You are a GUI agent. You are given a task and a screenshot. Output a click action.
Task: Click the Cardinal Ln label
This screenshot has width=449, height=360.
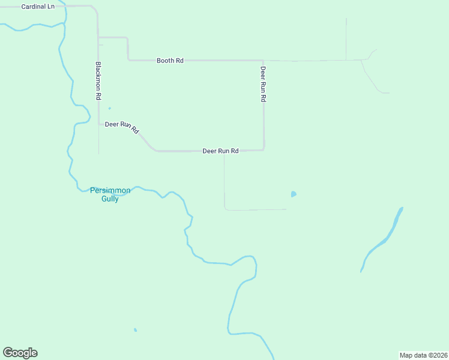coord(37,7)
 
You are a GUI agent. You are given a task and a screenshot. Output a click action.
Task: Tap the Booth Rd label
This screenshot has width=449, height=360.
coord(170,61)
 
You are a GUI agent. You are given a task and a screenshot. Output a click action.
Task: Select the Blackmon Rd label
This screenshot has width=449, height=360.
coord(98,80)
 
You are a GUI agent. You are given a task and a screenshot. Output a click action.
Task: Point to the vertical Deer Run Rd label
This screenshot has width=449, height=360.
coord(263,84)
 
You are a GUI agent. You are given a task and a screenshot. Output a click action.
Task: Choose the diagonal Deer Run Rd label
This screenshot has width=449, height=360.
coord(122,127)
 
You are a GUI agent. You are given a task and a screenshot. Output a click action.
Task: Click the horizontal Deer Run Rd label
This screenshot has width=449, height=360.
coord(220,151)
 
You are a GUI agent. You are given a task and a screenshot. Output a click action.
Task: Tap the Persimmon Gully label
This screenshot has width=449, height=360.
coord(110,194)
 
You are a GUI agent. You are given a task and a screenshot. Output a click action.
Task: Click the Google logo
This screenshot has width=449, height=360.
coord(20,353)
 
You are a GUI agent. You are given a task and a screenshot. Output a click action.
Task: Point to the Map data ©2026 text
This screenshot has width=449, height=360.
coord(423,355)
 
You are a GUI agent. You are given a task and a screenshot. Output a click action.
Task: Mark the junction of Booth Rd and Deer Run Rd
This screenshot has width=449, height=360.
coord(263,61)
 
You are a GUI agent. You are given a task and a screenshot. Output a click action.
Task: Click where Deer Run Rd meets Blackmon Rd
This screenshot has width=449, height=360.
coord(99,124)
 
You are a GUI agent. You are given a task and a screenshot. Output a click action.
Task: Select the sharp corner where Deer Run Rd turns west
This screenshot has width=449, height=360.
coord(264,149)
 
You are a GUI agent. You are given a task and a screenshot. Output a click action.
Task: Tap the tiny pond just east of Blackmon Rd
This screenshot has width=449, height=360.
coord(109,109)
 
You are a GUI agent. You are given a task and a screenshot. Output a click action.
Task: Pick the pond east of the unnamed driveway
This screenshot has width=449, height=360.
coord(293,194)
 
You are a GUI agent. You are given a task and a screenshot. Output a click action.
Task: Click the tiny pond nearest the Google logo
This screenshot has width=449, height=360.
coord(136,329)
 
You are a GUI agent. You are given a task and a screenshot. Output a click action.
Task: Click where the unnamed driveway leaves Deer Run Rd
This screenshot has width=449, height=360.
coord(224,151)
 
